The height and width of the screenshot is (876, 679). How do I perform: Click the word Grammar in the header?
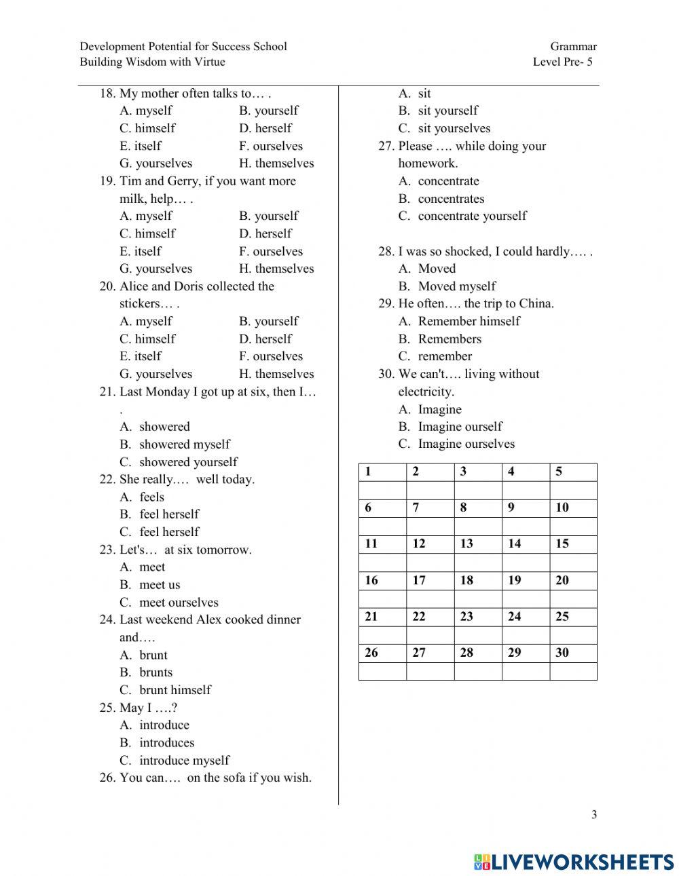pos(573,47)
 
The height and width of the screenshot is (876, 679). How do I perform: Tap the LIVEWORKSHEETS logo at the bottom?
pos(574,862)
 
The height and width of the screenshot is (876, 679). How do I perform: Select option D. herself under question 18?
pos(265,128)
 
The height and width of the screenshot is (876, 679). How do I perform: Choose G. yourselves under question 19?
pos(155,269)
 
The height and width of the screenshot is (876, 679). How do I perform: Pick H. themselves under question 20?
pos(276,374)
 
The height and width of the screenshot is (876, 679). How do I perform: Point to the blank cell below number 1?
pos(382,490)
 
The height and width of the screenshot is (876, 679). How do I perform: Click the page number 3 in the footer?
pos(594,815)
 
